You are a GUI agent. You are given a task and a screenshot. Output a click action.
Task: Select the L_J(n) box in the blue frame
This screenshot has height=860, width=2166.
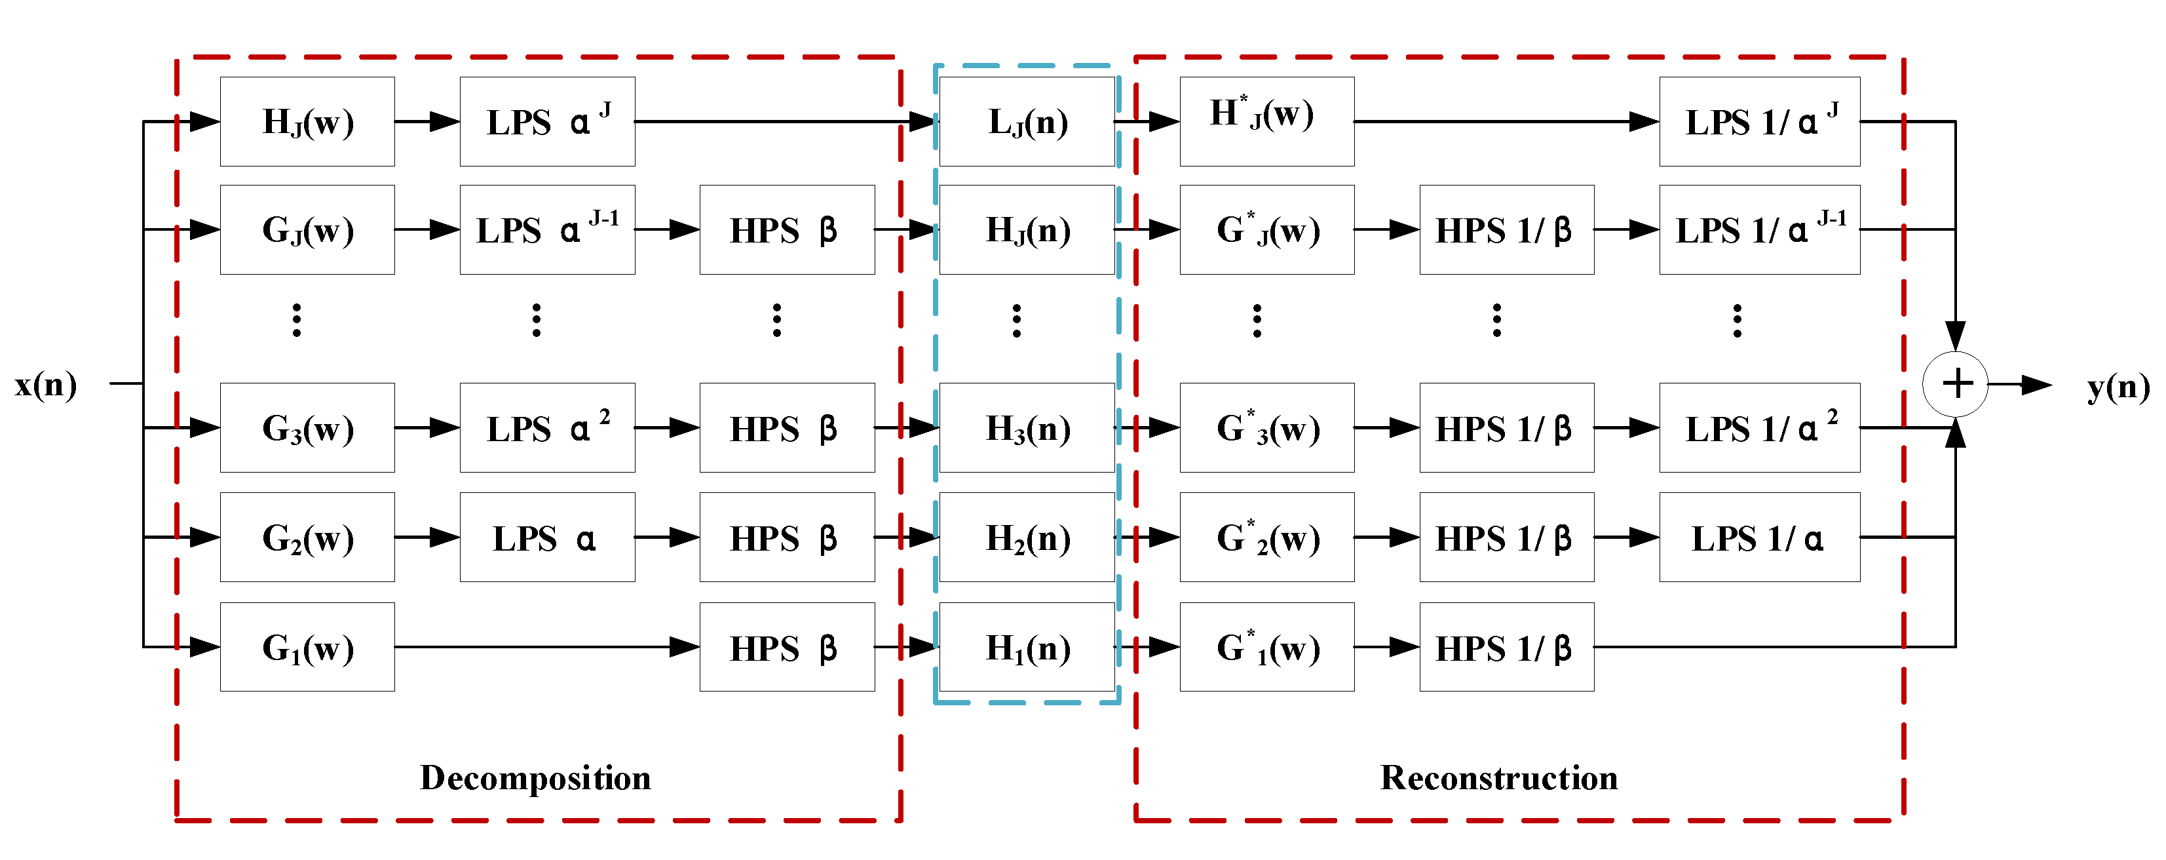point(1027,122)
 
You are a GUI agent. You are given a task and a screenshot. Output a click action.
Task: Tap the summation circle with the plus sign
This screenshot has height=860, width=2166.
point(1955,383)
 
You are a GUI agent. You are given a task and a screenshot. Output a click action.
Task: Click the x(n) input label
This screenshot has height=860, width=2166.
point(47,385)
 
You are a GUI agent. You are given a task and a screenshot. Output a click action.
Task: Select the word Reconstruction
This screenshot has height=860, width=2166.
point(1498,777)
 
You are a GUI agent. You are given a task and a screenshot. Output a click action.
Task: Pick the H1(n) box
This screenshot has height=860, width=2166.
point(1027,647)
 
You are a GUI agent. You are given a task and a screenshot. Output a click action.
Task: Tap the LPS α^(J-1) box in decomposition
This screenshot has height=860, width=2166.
point(547,229)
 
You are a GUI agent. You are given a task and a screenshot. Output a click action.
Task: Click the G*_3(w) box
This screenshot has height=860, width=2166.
point(1266,428)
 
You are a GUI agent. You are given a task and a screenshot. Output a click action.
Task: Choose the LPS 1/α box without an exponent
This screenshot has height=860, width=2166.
point(1759,537)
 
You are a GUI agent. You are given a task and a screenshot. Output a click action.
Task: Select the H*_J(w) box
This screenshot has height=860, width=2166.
point(1266,122)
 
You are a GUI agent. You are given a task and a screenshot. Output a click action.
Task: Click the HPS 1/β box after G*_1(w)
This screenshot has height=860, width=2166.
point(1506,647)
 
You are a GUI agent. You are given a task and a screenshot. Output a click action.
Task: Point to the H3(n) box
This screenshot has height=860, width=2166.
point(1027,428)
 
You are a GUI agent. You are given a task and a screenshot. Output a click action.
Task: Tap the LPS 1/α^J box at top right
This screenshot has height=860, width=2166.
point(1759,122)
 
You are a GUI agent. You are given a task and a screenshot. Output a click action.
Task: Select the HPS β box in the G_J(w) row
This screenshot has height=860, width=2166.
point(787,229)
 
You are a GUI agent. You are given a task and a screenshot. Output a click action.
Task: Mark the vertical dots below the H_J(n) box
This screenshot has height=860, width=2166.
point(1017,321)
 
